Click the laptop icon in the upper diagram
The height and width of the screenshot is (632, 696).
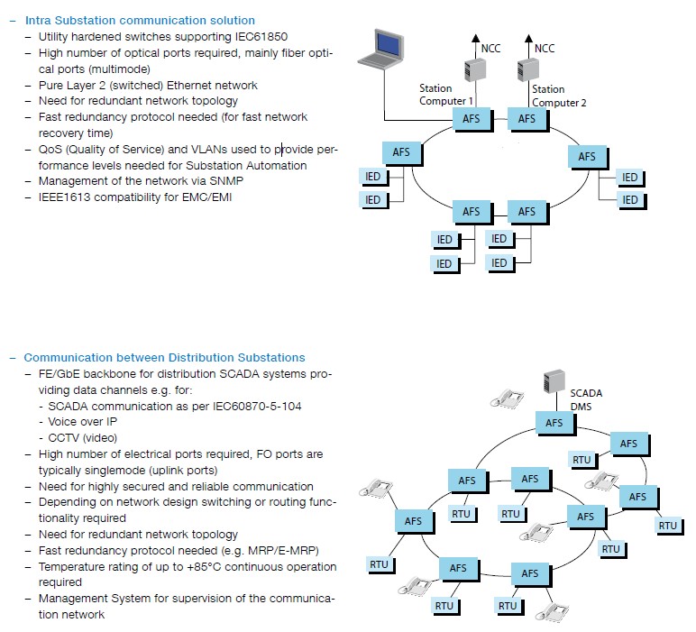point(380,50)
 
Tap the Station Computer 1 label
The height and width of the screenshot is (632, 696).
point(447,95)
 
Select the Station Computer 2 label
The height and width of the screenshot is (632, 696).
point(559,96)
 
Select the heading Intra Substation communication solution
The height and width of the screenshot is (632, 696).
point(139,20)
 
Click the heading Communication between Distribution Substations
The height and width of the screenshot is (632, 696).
point(164,357)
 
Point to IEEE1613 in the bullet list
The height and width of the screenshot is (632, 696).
point(66,197)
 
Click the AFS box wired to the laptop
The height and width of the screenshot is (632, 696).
point(472,118)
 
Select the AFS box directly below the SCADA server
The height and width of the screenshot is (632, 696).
point(554,422)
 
